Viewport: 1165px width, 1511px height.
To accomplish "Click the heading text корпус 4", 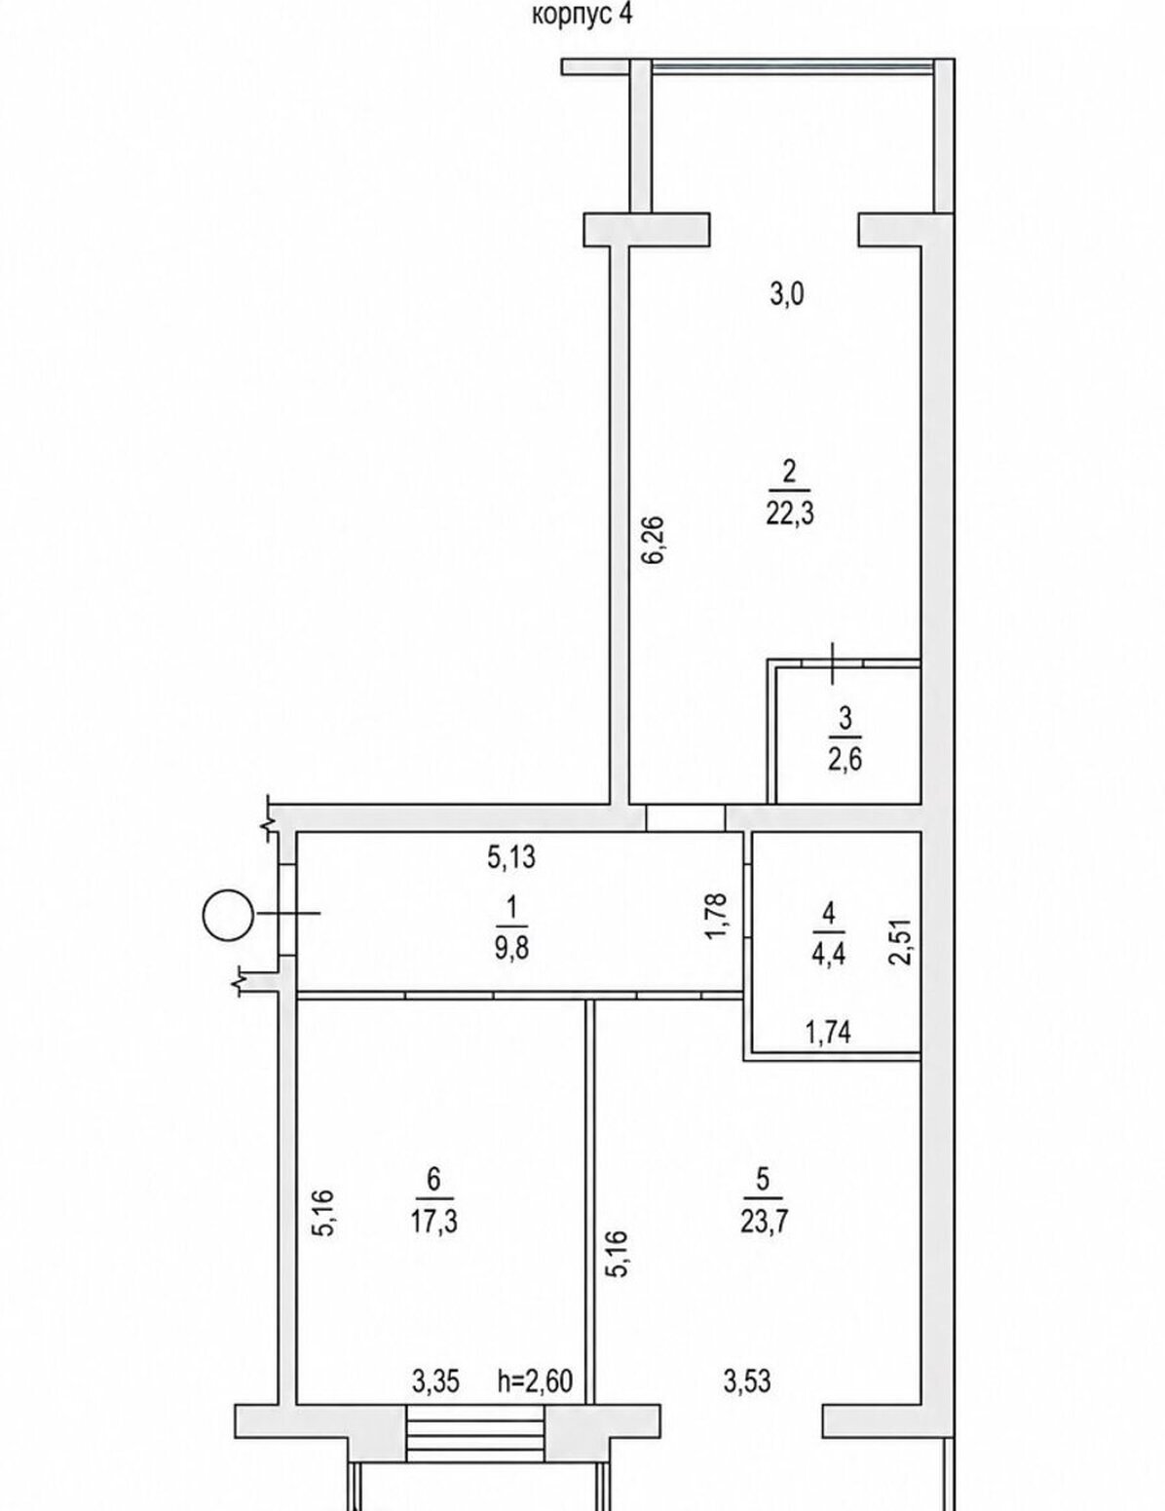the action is pos(582,15).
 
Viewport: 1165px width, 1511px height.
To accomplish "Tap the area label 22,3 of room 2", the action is pos(790,514).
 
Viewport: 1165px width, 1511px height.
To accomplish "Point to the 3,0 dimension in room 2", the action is pos(787,295).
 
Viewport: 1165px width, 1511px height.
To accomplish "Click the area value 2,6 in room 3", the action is pos(846,759).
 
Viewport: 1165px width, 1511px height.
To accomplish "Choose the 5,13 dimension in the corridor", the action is pos(511,857).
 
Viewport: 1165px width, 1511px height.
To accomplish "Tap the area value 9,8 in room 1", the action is pos(512,949).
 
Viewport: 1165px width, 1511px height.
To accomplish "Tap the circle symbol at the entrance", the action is pos(227,915).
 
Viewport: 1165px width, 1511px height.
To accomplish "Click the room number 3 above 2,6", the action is pos(846,719).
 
